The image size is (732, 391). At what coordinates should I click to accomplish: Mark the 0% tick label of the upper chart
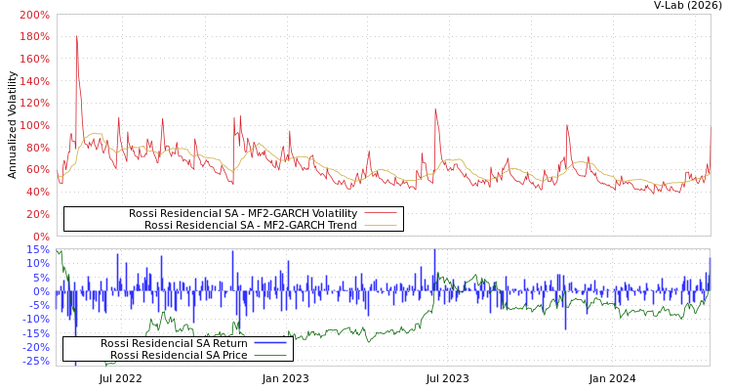40,236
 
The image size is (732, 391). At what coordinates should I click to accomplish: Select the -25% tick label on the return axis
35,361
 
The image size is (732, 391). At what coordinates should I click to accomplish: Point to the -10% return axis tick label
35,319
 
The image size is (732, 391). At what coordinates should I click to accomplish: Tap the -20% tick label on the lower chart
35,347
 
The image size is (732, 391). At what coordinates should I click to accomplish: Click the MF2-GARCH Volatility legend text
243,213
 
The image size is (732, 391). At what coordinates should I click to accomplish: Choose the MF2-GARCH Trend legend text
251,225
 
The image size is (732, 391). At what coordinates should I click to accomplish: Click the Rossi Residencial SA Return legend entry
174,343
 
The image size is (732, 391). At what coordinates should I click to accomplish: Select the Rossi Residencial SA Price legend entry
179,355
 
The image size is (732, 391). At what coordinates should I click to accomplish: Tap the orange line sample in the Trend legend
381,225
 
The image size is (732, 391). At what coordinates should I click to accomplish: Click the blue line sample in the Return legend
270,343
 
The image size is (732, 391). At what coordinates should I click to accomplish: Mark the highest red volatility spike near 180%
76,37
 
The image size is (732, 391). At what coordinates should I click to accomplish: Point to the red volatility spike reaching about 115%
435,109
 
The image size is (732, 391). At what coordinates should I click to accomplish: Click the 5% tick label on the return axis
40,277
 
